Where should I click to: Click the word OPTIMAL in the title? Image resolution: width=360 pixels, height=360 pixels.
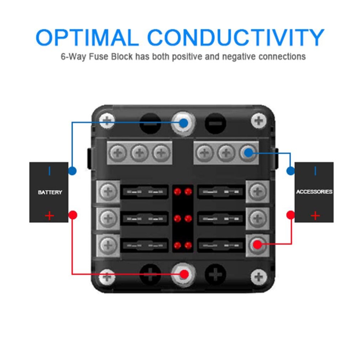point(87,37)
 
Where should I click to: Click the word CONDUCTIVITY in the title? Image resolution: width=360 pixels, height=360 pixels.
point(236,37)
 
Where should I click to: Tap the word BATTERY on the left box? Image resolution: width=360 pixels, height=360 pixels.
point(50,192)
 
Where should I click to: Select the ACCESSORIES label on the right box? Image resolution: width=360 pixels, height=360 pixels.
point(314,192)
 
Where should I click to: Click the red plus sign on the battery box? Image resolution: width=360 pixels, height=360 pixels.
point(49,216)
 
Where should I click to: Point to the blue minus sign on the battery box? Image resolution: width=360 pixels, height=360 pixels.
point(49,171)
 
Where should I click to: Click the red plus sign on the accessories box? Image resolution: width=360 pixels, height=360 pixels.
point(315,216)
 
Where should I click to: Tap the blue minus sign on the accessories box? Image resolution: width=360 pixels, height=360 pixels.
point(315,171)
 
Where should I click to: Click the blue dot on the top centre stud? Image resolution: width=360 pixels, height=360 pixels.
point(183,123)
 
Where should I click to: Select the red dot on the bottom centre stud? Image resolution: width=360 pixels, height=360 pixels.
point(184,274)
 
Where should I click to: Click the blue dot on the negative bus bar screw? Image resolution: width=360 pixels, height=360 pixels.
point(248,153)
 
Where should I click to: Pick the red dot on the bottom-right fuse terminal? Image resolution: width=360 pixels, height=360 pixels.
point(257,244)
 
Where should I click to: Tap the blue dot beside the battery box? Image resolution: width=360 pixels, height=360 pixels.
point(72,171)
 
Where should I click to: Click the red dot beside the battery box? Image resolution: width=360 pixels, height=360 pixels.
point(73,215)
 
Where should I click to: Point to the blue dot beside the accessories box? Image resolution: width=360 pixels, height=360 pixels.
point(290,171)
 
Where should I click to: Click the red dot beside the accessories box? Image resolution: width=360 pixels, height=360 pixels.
point(290,215)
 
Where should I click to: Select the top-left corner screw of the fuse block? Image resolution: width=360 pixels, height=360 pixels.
point(107,121)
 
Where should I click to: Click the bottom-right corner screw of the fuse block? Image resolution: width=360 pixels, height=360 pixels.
point(259,277)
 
